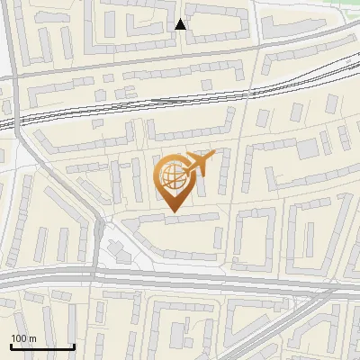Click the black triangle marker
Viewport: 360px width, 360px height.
(180, 24)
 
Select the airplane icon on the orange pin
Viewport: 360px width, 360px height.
(199, 164)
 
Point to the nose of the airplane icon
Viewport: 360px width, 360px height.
(213, 153)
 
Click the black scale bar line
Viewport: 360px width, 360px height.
(42, 346)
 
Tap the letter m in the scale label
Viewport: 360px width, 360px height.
(32, 338)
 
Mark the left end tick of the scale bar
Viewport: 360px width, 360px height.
(11, 345)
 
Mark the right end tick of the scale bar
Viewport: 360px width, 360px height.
(74, 345)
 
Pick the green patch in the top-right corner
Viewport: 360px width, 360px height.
(346, 7)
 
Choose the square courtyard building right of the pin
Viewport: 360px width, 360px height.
(256, 238)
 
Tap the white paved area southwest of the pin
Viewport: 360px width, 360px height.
(117, 247)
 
